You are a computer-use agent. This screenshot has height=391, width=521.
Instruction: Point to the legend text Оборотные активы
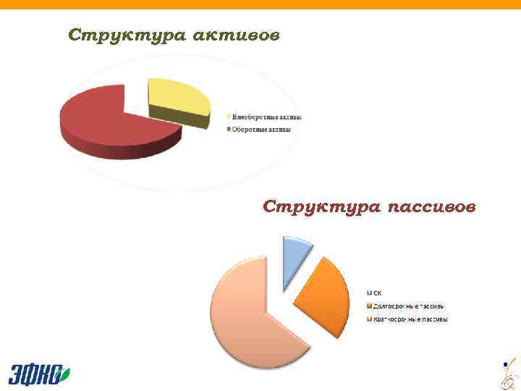click(x=261, y=130)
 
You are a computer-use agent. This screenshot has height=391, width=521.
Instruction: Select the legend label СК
click(x=377, y=293)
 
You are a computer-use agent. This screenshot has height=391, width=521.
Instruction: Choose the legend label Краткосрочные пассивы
click(x=410, y=319)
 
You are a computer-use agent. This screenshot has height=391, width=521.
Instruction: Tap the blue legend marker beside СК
click(x=369, y=293)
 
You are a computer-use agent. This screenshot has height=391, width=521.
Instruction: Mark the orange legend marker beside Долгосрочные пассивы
click(x=369, y=306)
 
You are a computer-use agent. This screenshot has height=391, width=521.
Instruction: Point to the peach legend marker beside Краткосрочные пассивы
click(x=369, y=319)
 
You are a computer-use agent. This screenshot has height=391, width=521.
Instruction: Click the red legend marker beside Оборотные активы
click(x=229, y=130)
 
